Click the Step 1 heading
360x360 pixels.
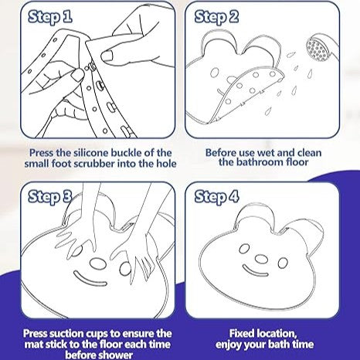pos(50,17)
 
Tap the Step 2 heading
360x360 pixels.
pos(216,17)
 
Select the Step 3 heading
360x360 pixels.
pos(50,197)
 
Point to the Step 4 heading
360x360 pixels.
pos(216,197)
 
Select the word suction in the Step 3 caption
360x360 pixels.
pos(66,334)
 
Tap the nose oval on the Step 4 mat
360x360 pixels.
pos(261,260)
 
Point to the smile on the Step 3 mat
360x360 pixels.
pos(90,280)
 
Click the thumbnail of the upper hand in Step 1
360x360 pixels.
pos(107,56)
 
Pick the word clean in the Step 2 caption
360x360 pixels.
pos(309,153)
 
